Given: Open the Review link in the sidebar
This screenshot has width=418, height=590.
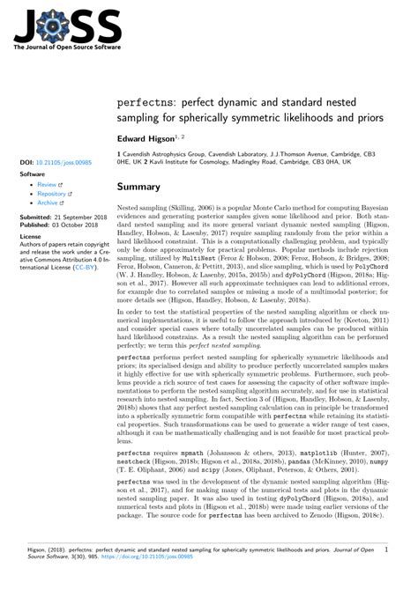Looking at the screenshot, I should [x=44, y=185].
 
